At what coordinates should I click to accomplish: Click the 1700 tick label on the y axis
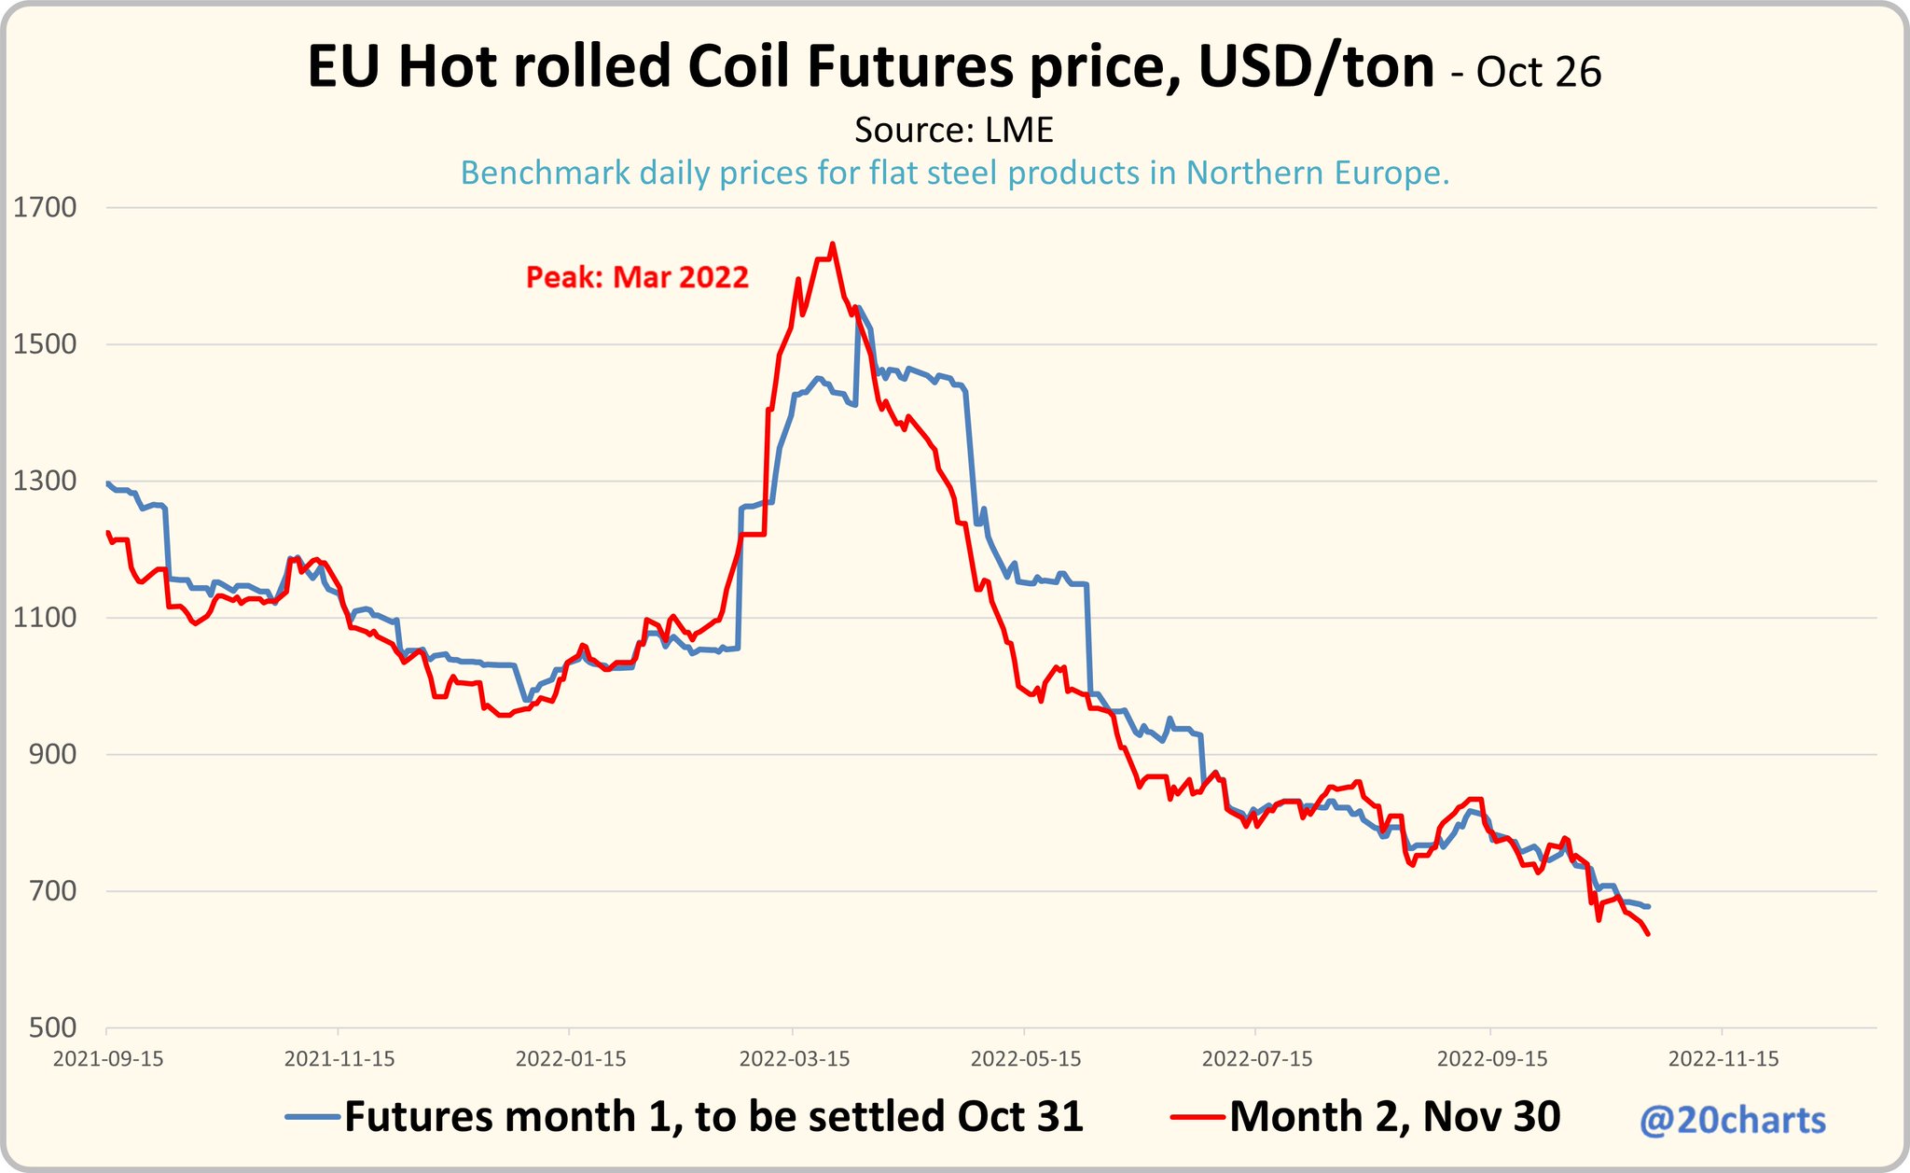[45, 207]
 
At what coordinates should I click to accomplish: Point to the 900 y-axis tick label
[52, 754]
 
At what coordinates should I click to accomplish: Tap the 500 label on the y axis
[52, 1027]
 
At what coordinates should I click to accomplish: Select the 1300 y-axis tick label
[45, 481]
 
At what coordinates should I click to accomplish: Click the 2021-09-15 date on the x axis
[108, 1059]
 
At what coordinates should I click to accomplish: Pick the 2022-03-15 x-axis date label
[795, 1059]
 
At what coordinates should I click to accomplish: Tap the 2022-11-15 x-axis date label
[1723, 1059]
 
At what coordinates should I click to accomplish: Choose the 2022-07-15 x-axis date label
[1257, 1059]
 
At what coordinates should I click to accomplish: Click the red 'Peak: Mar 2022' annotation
[637, 277]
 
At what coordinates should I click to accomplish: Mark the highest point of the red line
[832, 244]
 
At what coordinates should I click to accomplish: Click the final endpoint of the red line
[1649, 933]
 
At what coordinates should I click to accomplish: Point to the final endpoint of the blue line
[1649, 906]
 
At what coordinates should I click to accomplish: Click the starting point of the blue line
[108, 483]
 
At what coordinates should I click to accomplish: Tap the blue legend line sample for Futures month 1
[313, 1116]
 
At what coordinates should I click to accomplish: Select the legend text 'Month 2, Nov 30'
[1394, 1116]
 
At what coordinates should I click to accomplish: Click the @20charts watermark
[1732, 1120]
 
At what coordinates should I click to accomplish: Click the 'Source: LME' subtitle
[953, 130]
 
